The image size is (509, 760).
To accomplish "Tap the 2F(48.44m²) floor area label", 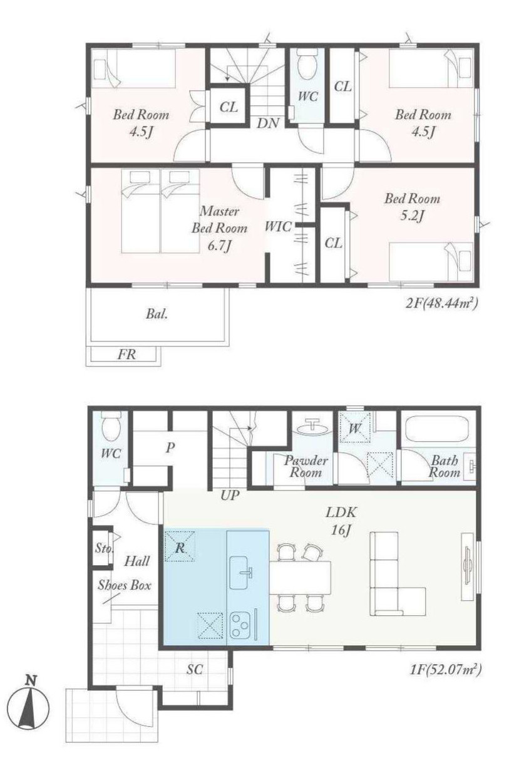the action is coord(442,303).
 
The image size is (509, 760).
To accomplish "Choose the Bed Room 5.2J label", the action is coord(412,207).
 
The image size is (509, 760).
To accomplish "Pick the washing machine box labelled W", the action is coord(355,428).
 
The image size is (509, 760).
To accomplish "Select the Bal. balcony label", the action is coord(157,314).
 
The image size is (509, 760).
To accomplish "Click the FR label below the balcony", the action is coord(127,355).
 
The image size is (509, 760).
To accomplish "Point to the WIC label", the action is coord(278,226).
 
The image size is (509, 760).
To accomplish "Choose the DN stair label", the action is coord(268,123).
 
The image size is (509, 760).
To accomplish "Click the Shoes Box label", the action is coord(125,585).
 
